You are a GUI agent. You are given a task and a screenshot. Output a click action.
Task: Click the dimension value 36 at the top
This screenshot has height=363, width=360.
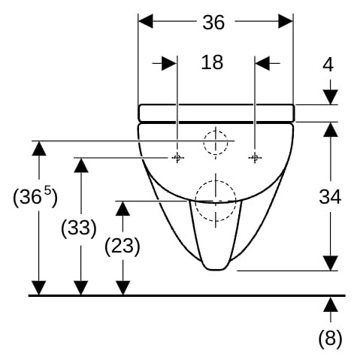coord(213,23)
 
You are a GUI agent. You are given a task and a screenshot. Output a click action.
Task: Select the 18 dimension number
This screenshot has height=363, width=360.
coord(212,62)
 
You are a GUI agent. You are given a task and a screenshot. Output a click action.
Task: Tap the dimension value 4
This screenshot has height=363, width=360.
coord(328,65)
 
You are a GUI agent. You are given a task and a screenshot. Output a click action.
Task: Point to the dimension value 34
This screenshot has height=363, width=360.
coord(330,197)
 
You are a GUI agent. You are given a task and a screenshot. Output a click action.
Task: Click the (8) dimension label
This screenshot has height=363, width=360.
coord(330,338)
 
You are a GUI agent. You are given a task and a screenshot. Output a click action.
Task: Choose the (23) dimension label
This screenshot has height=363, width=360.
coord(123,247)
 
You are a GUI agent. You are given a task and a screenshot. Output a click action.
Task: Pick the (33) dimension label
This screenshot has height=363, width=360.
coord(79,228)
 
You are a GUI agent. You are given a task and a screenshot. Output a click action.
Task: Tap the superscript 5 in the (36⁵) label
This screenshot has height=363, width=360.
coord(47,192)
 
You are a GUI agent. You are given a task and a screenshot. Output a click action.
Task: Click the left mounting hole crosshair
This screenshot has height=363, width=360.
coord(177,158)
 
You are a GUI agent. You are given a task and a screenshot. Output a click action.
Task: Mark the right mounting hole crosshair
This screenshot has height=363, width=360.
coord(255,158)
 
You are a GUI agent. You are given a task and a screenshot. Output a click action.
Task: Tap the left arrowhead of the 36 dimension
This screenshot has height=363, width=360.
coord(146,21)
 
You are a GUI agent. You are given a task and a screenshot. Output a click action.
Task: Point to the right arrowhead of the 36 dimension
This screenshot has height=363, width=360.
coord(286,21)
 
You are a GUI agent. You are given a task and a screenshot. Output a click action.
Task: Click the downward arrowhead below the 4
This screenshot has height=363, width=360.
coord(331,97)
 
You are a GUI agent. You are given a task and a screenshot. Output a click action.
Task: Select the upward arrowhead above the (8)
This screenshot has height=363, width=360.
coord(331,304)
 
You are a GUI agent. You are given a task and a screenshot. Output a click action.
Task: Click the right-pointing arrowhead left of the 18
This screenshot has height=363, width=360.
coord(169,63)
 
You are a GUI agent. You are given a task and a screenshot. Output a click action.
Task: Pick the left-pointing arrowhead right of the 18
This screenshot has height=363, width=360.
coord(262,63)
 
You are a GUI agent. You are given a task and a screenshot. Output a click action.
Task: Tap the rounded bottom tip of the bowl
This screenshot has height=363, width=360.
coord(216,270)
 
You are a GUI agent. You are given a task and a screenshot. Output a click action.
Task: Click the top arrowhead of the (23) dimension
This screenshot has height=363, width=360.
coord(123,208)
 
